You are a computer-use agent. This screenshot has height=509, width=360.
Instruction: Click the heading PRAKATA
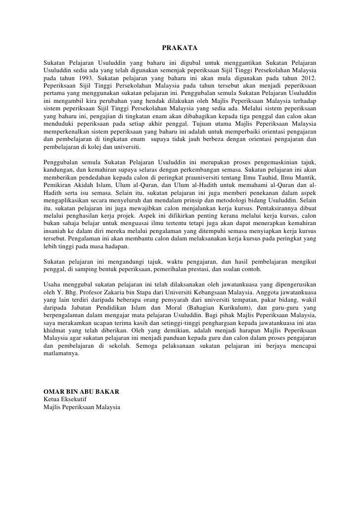pyautogui.click(x=180, y=48)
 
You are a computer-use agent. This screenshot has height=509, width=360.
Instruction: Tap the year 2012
pyautogui.click(x=307, y=78)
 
